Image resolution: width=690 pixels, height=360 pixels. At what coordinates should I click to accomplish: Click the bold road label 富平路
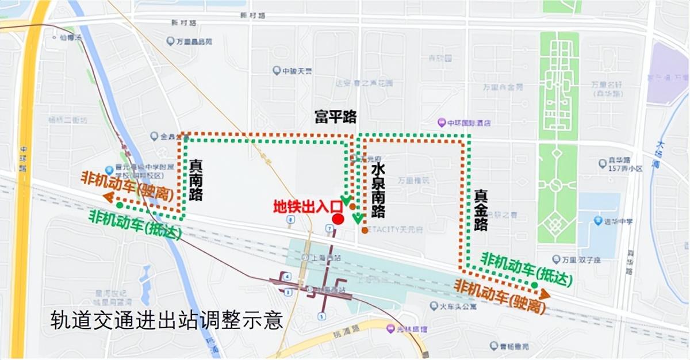(x=335, y=117)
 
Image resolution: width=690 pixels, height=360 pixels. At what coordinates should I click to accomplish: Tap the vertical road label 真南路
(x=196, y=180)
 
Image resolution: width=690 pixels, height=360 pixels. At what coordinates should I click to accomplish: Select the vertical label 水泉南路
(x=378, y=190)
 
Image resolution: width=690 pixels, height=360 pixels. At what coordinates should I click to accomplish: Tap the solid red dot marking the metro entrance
(x=338, y=219)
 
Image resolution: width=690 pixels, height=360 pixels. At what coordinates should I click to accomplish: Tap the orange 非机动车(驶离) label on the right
(x=500, y=296)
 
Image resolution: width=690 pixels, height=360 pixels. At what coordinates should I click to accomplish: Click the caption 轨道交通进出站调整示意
(x=167, y=320)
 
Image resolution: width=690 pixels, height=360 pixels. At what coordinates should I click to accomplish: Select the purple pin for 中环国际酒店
(x=441, y=122)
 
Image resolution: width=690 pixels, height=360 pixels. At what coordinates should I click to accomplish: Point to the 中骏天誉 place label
(x=293, y=71)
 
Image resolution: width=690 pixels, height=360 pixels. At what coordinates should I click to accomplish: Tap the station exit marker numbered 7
(x=329, y=228)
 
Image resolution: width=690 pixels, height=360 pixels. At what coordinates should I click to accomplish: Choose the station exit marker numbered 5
(x=322, y=316)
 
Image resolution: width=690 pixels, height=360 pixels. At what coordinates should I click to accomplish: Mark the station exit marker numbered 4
(x=287, y=277)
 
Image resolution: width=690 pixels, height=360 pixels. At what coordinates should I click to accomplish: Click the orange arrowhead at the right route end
(x=544, y=294)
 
